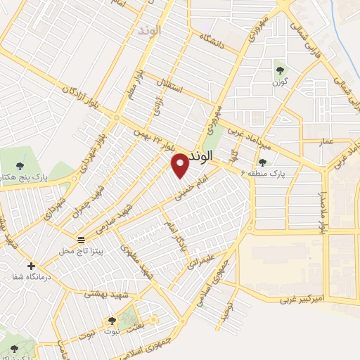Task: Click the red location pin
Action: (x=181, y=165)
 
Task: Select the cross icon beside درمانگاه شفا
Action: (x=31, y=266)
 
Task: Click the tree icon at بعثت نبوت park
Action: (x=112, y=322)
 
